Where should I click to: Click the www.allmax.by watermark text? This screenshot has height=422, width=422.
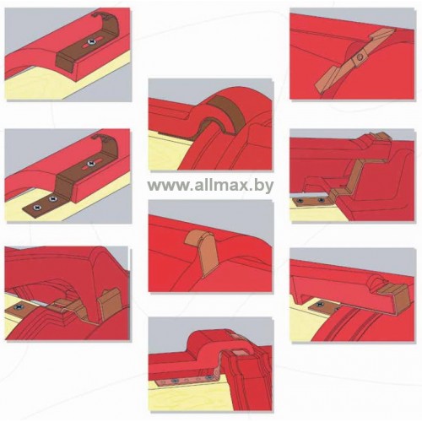point(210,186)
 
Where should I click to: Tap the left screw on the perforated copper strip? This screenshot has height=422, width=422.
point(175,381)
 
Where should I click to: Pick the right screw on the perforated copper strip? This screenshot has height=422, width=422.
point(208,377)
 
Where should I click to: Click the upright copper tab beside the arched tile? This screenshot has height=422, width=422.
point(110,305)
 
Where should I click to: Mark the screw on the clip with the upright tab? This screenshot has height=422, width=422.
point(19,307)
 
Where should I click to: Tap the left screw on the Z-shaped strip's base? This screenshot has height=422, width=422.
point(300,200)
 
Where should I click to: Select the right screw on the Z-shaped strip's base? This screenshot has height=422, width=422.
point(321,200)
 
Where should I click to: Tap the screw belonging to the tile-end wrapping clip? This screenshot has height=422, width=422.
point(320,305)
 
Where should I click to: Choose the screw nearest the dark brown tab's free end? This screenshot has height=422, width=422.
point(36,208)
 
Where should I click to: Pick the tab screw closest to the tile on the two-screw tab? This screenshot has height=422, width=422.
point(52,199)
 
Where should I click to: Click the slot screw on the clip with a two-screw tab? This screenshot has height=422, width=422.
point(90,164)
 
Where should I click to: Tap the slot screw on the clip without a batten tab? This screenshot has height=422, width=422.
point(91,41)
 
